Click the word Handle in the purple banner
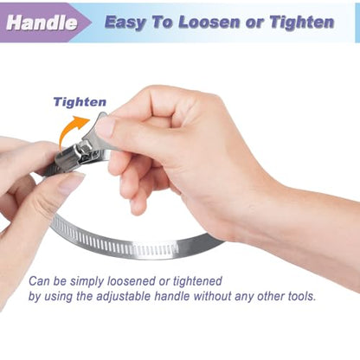(x=42, y=22)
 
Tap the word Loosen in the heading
(x=209, y=22)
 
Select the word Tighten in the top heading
(x=302, y=22)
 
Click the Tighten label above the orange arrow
(x=80, y=102)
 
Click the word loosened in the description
(x=132, y=280)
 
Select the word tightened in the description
(x=197, y=280)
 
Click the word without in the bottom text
(x=212, y=296)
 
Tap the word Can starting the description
(x=39, y=281)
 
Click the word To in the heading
(x=163, y=22)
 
